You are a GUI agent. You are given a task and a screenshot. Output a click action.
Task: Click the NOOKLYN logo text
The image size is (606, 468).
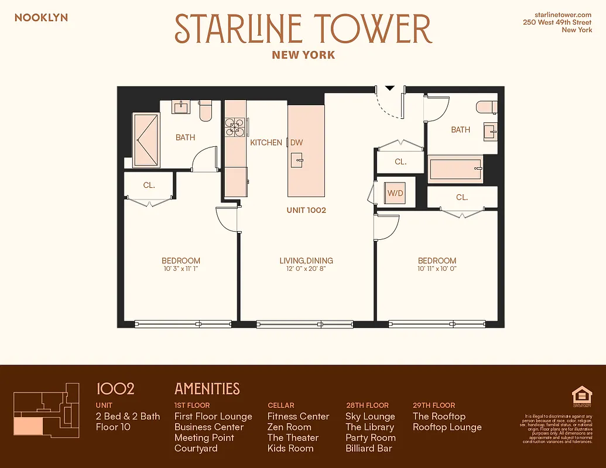pyautogui.click(x=41, y=18)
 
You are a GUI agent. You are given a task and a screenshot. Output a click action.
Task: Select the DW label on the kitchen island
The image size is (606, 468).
pyautogui.click(x=297, y=143)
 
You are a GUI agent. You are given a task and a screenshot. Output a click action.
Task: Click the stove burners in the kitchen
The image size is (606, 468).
pyautogui.click(x=236, y=128)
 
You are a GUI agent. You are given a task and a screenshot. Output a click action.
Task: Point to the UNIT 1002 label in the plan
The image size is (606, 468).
pyautogui.click(x=306, y=210)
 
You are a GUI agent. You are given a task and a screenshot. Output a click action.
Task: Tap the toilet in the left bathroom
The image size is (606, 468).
pyautogui.click(x=206, y=111)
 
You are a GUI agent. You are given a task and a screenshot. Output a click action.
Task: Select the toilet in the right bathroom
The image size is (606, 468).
pyautogui.click(x=486, y=107)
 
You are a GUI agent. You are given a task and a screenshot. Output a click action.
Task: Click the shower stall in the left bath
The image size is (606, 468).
pyautogui.click(x=146, y=140)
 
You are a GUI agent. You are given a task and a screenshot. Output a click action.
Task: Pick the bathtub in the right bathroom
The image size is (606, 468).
pyautogui.click(x=456, y=170)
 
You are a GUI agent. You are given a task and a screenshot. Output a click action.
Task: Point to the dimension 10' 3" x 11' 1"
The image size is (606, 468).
pyautogui.click(x=181, y=269)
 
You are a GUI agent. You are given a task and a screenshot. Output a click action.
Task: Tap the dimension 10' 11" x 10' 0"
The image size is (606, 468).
pyautogui.click(x=437, y=269)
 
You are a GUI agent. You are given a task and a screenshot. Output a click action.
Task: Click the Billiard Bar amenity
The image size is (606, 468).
pyautogui.click(x=368, y=449)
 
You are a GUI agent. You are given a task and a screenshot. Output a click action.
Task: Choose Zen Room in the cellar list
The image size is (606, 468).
pyautogui.click(x=289, y=428)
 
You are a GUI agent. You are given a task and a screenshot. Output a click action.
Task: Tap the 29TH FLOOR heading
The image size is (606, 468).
pyautogui.click(x=434, y=405)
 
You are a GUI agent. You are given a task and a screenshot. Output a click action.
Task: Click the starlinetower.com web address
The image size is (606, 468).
pyautogui.click(x=563, y=13)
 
